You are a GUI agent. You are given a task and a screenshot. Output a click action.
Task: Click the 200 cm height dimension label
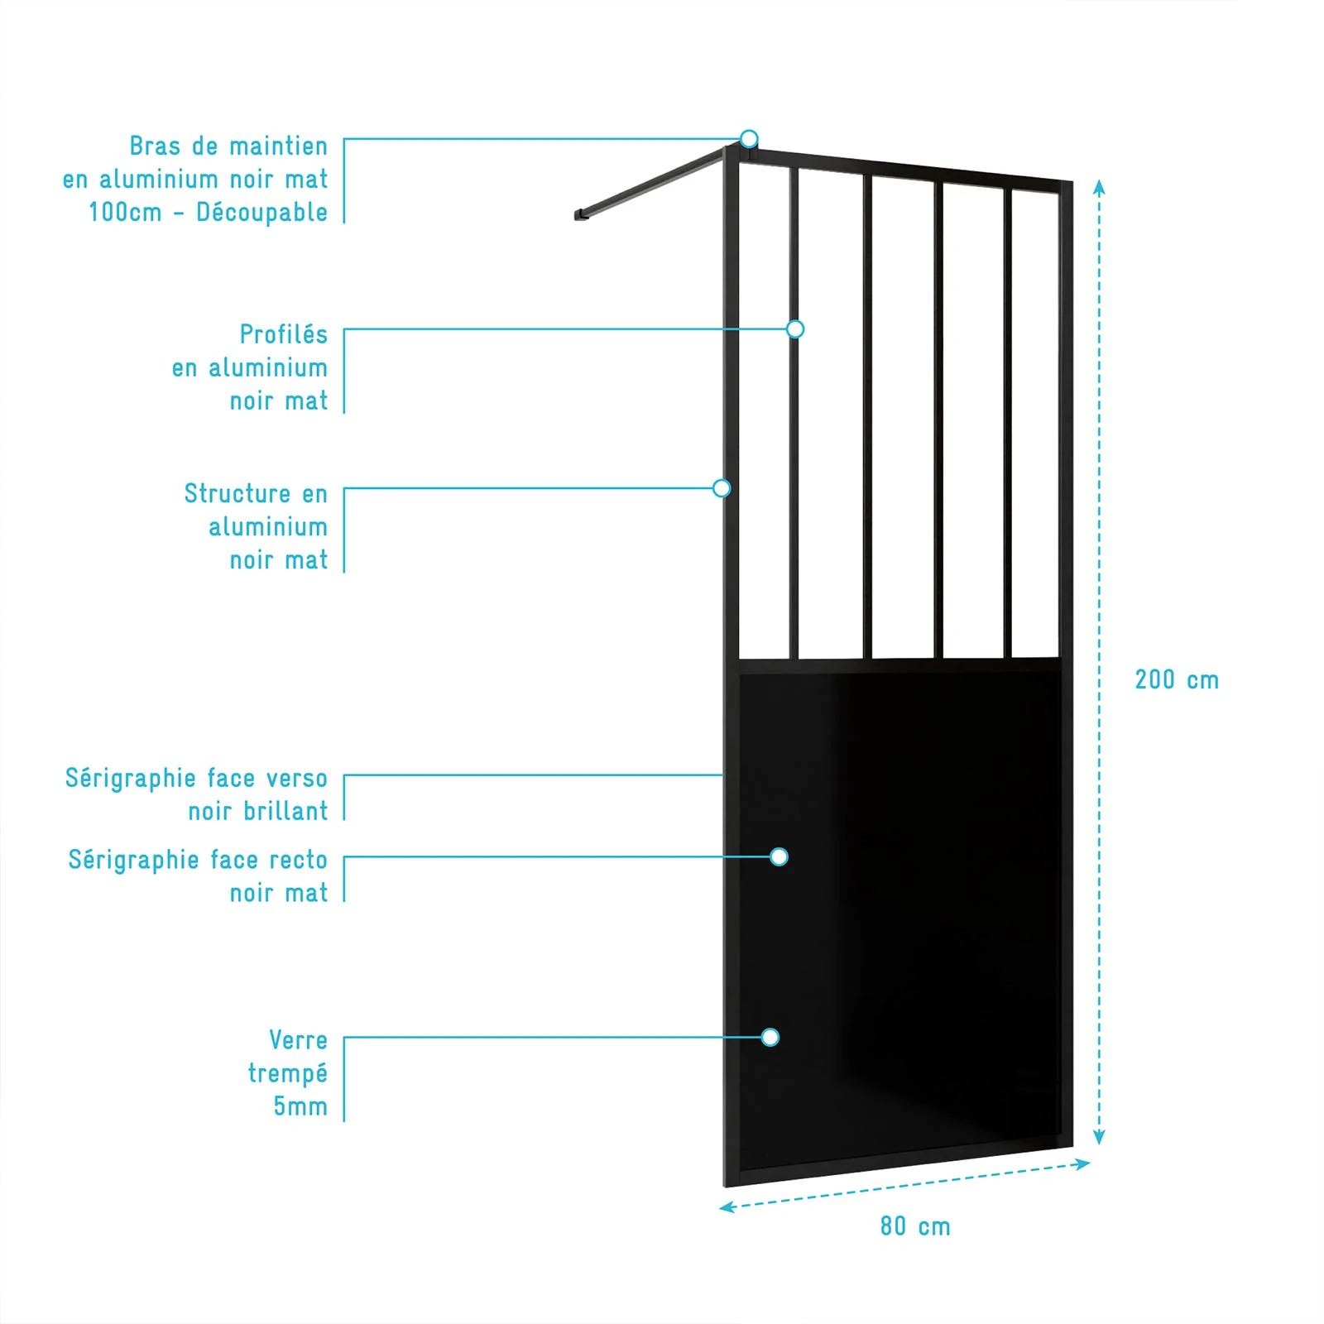point(1177,680)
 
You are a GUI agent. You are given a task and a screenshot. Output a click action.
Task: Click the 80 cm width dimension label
point(915,1226)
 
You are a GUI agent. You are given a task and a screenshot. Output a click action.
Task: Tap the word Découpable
point(261,213)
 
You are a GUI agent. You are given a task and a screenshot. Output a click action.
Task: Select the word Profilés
point(284,334)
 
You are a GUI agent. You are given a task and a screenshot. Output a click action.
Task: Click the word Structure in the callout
point(237,493)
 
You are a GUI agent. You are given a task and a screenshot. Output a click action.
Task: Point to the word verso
point(297,779)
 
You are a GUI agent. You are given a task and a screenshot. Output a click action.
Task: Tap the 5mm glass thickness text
point(300,1106)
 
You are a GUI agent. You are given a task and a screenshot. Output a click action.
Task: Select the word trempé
point(288,1074)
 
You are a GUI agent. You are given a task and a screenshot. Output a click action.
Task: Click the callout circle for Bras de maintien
point(749,138)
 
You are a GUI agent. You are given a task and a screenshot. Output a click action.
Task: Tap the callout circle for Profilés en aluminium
point(795,329)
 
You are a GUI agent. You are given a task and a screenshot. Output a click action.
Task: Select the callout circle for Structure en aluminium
point(722,488)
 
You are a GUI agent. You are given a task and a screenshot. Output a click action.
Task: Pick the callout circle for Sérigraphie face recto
point(779,856)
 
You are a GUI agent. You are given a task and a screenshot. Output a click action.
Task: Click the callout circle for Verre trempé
point(770,1037)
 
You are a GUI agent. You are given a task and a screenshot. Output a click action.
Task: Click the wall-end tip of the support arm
point(578,216)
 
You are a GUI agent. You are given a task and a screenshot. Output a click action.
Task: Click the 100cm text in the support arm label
point(125,213)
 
